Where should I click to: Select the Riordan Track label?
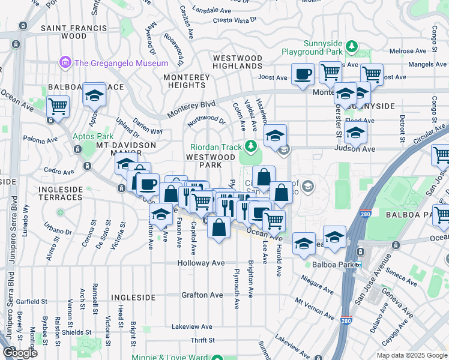click(x=216, y=146)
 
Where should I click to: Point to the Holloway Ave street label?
click(x=200, y=263)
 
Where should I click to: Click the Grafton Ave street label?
click(x=203, y=295)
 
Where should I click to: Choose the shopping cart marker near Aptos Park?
click(x=58, y=107)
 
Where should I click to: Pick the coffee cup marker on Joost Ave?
click(x=303, y=74)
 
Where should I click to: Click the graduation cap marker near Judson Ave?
click(x=355, y=133)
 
